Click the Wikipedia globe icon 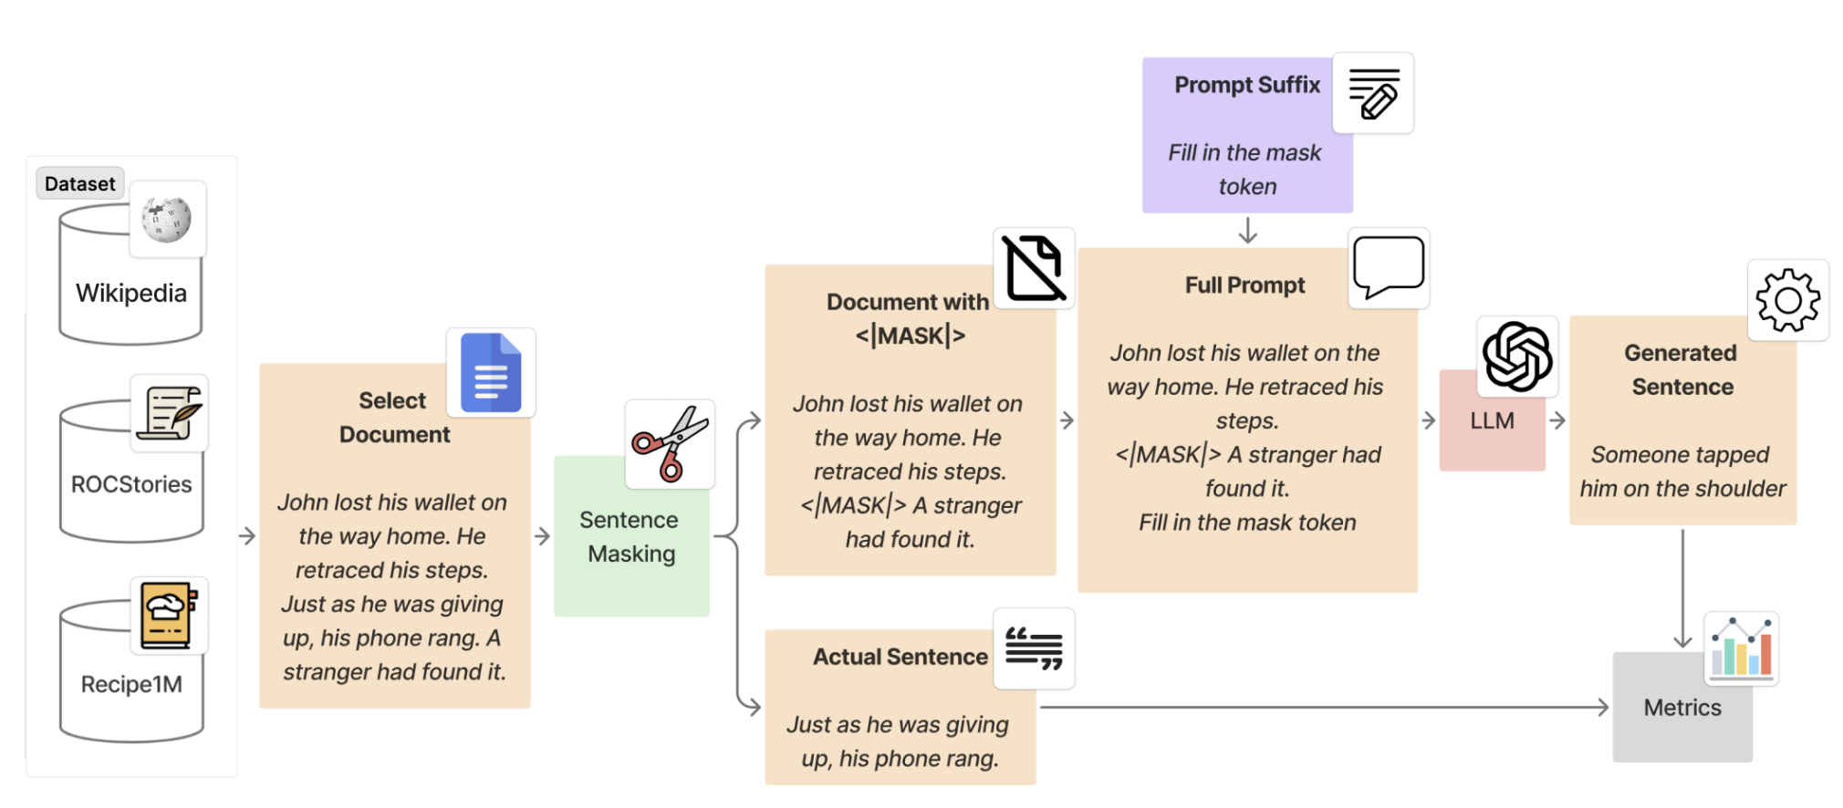pos(167,220)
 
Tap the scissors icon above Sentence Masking pos(671,444)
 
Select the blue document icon pos(491,373)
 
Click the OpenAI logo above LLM pos(1517,357)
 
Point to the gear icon pos(1787,300)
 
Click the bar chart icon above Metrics pos(1741,648)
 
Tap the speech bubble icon pos(1389,267)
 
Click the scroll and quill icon pos(170,413)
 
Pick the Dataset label pos(80,183)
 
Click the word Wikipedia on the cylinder pos(131,293)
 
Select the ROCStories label pos(131,484)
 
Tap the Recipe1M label pos(131,684)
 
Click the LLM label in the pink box pos(1492,420)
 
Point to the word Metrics pos(1682,708)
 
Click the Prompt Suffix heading pos(1247,85)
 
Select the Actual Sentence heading pos(901,657)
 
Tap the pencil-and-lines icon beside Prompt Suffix pos(1373,94)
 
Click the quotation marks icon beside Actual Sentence pos(1034,648)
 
